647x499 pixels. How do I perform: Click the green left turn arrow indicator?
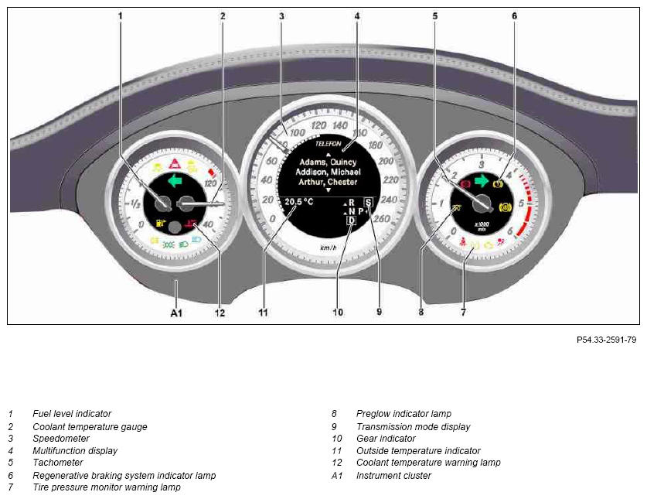(175, 181)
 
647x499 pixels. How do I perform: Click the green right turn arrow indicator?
(481, 181)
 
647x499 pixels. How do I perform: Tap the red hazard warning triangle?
(175, 164)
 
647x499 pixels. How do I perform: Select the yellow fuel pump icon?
(160, 223)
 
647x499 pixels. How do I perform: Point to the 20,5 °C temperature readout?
(298, 202)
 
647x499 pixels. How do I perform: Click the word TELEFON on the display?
(329, 144)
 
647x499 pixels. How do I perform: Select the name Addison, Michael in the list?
(328, 172)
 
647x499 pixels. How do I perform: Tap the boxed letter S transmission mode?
(368, 203)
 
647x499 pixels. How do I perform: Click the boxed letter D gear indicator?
(351, 220)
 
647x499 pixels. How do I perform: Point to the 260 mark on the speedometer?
(382, 218)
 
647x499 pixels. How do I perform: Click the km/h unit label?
(329, 248)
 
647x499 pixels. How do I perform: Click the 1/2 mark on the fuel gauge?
(135, 203)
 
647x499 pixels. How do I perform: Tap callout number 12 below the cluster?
(220, 313)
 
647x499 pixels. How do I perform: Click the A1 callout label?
(176, 313)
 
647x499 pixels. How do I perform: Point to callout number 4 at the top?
(357, 16)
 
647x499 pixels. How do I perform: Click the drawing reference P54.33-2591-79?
(607, 340)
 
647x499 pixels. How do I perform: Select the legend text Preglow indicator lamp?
(404, 413)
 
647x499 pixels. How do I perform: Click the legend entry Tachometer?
(58, 462)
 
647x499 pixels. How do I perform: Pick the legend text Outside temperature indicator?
(418, 451)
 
